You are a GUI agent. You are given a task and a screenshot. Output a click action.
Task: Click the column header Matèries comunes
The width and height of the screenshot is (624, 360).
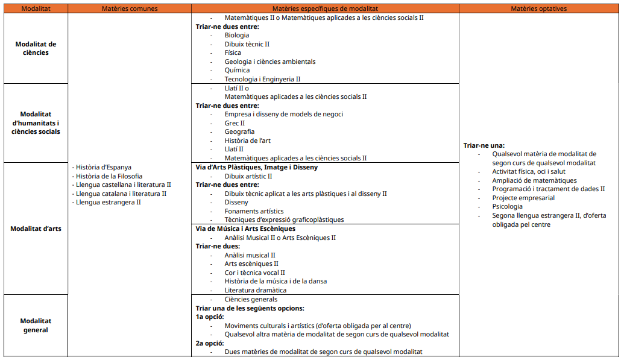pos(130,9)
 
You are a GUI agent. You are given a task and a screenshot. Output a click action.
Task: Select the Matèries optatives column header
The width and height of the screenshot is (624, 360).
pos(538,9)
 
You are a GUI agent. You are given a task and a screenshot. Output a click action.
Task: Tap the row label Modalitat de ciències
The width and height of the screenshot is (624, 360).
pos(36,48)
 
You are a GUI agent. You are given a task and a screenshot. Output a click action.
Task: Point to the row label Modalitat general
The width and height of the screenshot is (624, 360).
pos(36,326)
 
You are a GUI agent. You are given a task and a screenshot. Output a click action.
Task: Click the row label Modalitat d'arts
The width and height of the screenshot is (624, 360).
pos(36,229)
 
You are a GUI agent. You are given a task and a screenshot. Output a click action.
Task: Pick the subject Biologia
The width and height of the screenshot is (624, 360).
pos(237,35)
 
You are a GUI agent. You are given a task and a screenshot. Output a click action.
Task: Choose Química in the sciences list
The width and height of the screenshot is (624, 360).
pos(237,70)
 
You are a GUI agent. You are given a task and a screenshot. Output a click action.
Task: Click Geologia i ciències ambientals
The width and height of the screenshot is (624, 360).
pos(270,62)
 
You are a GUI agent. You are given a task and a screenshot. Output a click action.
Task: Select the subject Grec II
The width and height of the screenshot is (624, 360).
pos(235,123)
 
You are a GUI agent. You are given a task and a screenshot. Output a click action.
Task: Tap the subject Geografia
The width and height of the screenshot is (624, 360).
pos(239,131)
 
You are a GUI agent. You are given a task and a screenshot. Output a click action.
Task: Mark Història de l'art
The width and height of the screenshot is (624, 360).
pos(247,141)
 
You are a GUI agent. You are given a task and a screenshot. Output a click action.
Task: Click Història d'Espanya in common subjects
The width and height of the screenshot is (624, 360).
pos(103,167)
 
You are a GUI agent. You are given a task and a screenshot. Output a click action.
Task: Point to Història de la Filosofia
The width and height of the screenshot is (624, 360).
pos(109,176)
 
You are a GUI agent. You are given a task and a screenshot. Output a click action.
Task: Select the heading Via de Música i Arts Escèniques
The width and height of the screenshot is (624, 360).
pos(245,229)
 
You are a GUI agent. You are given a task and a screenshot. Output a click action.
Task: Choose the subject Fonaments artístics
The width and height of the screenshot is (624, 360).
pos(254,211)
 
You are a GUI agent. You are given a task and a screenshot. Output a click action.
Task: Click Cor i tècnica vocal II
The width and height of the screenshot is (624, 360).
pos(254,273)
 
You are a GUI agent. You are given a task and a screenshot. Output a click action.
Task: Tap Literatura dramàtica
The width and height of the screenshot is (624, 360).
pos(256,290)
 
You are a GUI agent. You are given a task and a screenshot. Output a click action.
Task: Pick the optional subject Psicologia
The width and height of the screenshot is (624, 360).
pos(508,206)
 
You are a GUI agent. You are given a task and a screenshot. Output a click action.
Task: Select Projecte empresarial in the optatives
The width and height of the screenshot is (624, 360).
pos(523,198)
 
